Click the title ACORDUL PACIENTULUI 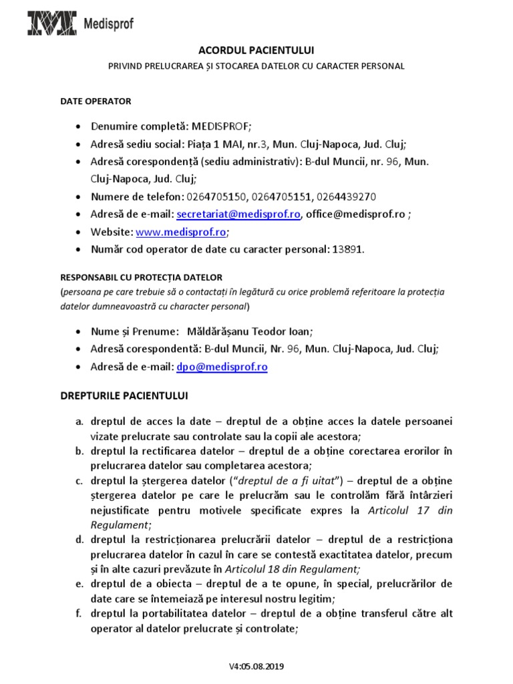(x=256, y=51)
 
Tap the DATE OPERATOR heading (x=96, y=102)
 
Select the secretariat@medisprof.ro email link (x=238, y=214)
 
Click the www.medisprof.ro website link (x=180, y=232)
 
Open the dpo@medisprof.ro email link (x=222, y=367)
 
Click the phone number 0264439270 (x=347, y=197)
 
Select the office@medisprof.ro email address (x=355, y=214)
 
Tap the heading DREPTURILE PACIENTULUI (x=124, y=395)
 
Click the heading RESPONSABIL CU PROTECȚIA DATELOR (x=142, y=277)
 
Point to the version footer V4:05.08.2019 (x=256, y=666)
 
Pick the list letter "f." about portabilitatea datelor (x=79, y=614)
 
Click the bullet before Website (x=79, y=232)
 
